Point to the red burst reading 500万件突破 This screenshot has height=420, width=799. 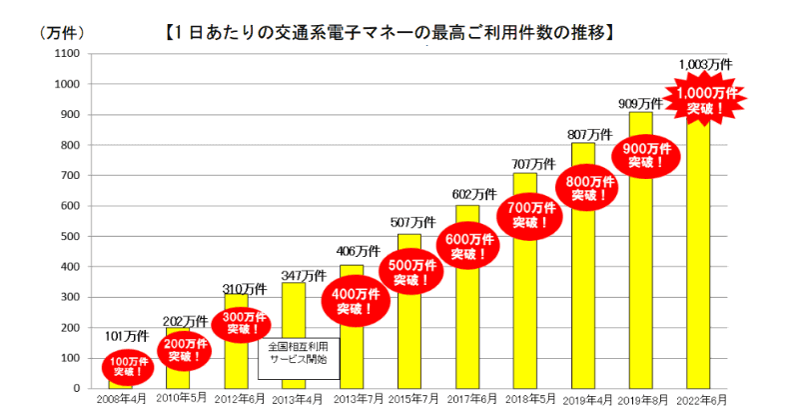(x=410, y=273)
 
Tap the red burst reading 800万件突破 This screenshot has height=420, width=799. (x=582, y=186)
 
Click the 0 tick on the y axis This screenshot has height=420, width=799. (x=77, y=388)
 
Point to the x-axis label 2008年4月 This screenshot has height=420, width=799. (x=120, y=399)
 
